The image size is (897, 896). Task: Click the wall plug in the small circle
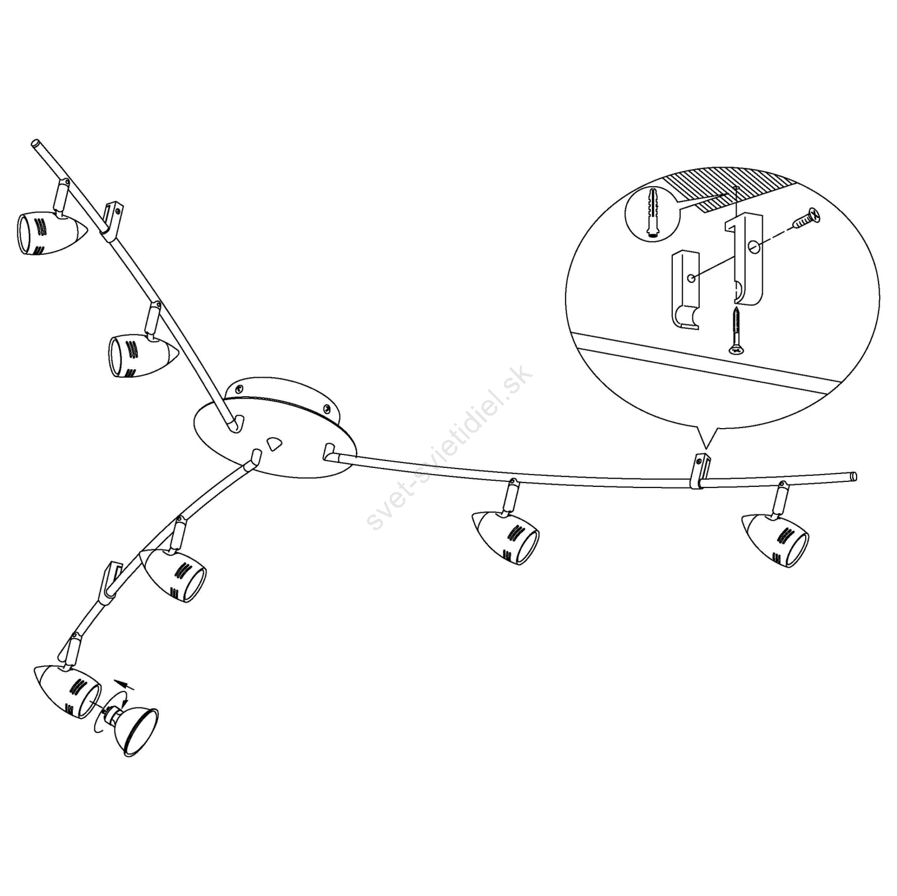652,213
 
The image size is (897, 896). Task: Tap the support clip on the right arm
699,472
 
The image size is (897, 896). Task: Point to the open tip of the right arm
853,477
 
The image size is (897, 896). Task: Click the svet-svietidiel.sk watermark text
449,448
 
